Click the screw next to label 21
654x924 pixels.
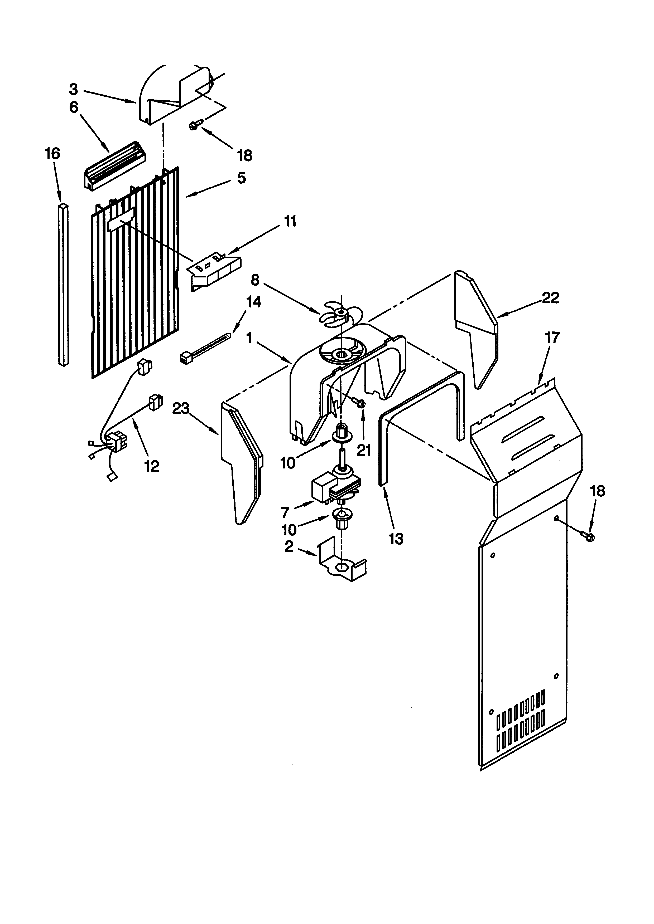click(x=360, y=402)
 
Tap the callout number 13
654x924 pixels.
click(x=396, y=539)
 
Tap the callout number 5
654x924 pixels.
click(x=241, y=178)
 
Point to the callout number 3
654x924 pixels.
click(x=73, y=89)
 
